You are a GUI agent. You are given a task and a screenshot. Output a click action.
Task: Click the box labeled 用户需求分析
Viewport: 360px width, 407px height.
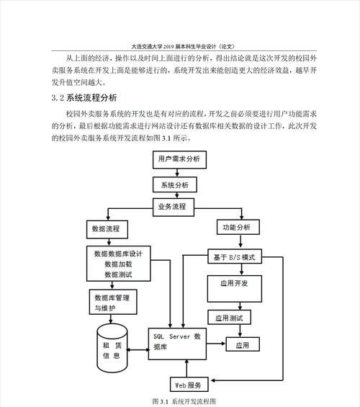coord(179,159)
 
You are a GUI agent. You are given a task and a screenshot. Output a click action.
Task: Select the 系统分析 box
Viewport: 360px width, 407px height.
coord(175,184)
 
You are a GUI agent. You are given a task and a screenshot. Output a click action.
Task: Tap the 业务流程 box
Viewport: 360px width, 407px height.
coord(174,207)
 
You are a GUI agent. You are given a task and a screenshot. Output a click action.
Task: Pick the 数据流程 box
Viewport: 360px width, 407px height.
coord(107,229)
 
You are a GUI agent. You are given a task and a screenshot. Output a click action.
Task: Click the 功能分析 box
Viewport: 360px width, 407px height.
coord(238,227)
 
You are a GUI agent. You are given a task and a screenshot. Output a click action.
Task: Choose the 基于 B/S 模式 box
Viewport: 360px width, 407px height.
coord(235,256)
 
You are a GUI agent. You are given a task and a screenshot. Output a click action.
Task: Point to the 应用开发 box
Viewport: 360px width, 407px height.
coord(235,289)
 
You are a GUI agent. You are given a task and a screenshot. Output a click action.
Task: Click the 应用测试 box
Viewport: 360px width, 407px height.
coord(229,317)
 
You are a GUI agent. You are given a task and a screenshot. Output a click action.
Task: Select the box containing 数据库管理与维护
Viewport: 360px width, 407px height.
coord(113,302)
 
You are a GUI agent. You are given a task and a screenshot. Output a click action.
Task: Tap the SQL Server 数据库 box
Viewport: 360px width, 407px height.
coord(177,344)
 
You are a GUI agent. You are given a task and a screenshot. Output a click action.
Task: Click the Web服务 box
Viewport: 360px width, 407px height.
coord(189,384)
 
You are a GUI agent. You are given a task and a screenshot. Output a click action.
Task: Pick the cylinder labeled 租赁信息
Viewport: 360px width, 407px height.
coord(112,348)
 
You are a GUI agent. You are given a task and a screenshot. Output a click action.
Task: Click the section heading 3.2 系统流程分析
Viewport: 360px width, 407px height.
coord(84,98)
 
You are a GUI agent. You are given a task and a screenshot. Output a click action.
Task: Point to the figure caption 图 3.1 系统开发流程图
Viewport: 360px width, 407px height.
coord(184,401)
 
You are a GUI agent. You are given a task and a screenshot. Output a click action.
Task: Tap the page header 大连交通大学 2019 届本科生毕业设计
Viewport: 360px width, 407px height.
coord(183,46)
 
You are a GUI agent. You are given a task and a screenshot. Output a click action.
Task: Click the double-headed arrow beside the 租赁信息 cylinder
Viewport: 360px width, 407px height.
coord(138,350)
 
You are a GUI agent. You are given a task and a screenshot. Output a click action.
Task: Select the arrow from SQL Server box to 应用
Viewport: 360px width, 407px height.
coord(216,344)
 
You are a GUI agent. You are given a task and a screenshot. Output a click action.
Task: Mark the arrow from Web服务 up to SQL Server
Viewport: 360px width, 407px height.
coord(186,369)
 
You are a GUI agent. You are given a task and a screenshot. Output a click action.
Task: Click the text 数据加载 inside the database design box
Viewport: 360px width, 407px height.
coord(119,264)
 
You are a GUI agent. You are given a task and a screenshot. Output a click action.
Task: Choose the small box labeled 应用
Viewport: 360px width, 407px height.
coord(243,344)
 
